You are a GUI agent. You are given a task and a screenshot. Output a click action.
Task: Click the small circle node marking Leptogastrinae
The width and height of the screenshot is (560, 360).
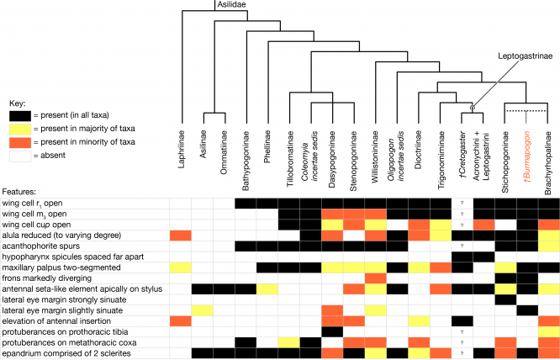tap(473, 107)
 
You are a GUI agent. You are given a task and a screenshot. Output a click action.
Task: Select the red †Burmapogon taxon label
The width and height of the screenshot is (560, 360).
tap(526, 154)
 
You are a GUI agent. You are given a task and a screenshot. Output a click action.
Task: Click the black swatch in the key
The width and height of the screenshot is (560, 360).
tap(20, 115)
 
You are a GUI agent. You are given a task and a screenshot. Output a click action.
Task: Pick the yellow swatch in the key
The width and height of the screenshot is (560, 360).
tap(20, 129)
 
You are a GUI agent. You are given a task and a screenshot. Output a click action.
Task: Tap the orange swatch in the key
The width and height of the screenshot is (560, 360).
tap(20, 142)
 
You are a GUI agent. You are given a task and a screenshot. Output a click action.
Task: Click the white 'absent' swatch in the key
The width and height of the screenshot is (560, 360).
tap(20, 156)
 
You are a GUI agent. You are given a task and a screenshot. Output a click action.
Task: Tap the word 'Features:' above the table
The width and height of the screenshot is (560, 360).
tap(17, 192)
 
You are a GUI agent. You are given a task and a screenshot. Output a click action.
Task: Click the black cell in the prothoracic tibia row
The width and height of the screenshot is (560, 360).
tap(332, 332)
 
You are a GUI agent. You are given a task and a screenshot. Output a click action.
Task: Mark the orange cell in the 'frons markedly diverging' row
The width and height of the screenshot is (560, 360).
tap(375, 278)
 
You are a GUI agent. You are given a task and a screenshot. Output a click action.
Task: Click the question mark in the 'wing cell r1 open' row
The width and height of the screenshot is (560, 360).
tap(462, 204)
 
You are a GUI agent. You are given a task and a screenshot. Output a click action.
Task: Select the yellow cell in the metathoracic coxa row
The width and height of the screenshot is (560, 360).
tap(289, 343)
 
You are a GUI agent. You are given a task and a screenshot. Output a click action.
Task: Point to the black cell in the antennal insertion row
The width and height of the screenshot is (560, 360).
tap(462, 321)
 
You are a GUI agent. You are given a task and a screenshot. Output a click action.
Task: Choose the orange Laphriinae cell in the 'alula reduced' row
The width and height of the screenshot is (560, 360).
tap(180, 236)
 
